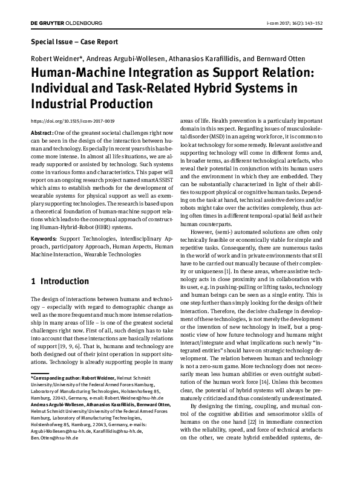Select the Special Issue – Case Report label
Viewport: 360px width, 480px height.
(74, 42)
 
